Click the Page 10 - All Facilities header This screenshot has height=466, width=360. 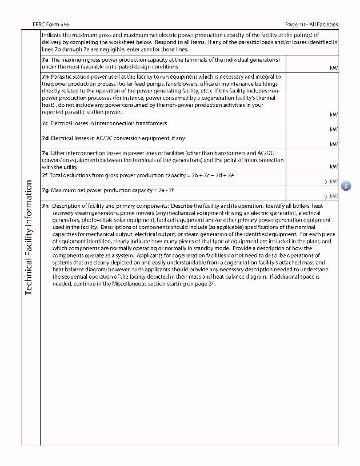click(x=311, y=25)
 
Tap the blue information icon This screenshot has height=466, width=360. click(x=346, y=186)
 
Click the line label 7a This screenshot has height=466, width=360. click(x=45, y=59)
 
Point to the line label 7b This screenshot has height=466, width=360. click(x=45, y=76)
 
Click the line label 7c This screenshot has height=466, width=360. click(x=45, y=123)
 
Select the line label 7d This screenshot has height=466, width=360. click(x=45, y=138)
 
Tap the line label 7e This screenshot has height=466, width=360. click(x=45, y=153)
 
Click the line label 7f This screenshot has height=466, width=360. click(x=45, y=175)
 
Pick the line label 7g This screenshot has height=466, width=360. click(x=45, y=190)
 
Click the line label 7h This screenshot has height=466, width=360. click(x=45, y=206)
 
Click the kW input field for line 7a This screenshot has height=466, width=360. click(x=311, y=63)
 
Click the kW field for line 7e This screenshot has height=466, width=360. click(x=311, y=160)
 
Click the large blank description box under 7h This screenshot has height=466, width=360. click(x=189, y=365)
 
